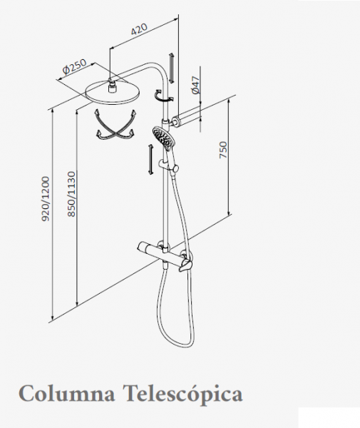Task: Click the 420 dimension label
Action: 139,29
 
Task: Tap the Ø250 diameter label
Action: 74,66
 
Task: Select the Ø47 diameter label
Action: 195,86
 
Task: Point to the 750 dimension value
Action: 223,149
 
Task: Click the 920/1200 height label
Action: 46,199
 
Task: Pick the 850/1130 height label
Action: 71,194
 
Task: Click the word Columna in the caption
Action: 67,394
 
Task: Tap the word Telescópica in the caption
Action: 183,395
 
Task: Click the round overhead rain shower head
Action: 113,92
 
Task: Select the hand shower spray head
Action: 164,138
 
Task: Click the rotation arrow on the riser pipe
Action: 163,96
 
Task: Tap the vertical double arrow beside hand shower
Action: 150,160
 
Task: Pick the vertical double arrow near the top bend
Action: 171,68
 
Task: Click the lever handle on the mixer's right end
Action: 186,265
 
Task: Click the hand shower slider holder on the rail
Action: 168,166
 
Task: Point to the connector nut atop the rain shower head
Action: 111,87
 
